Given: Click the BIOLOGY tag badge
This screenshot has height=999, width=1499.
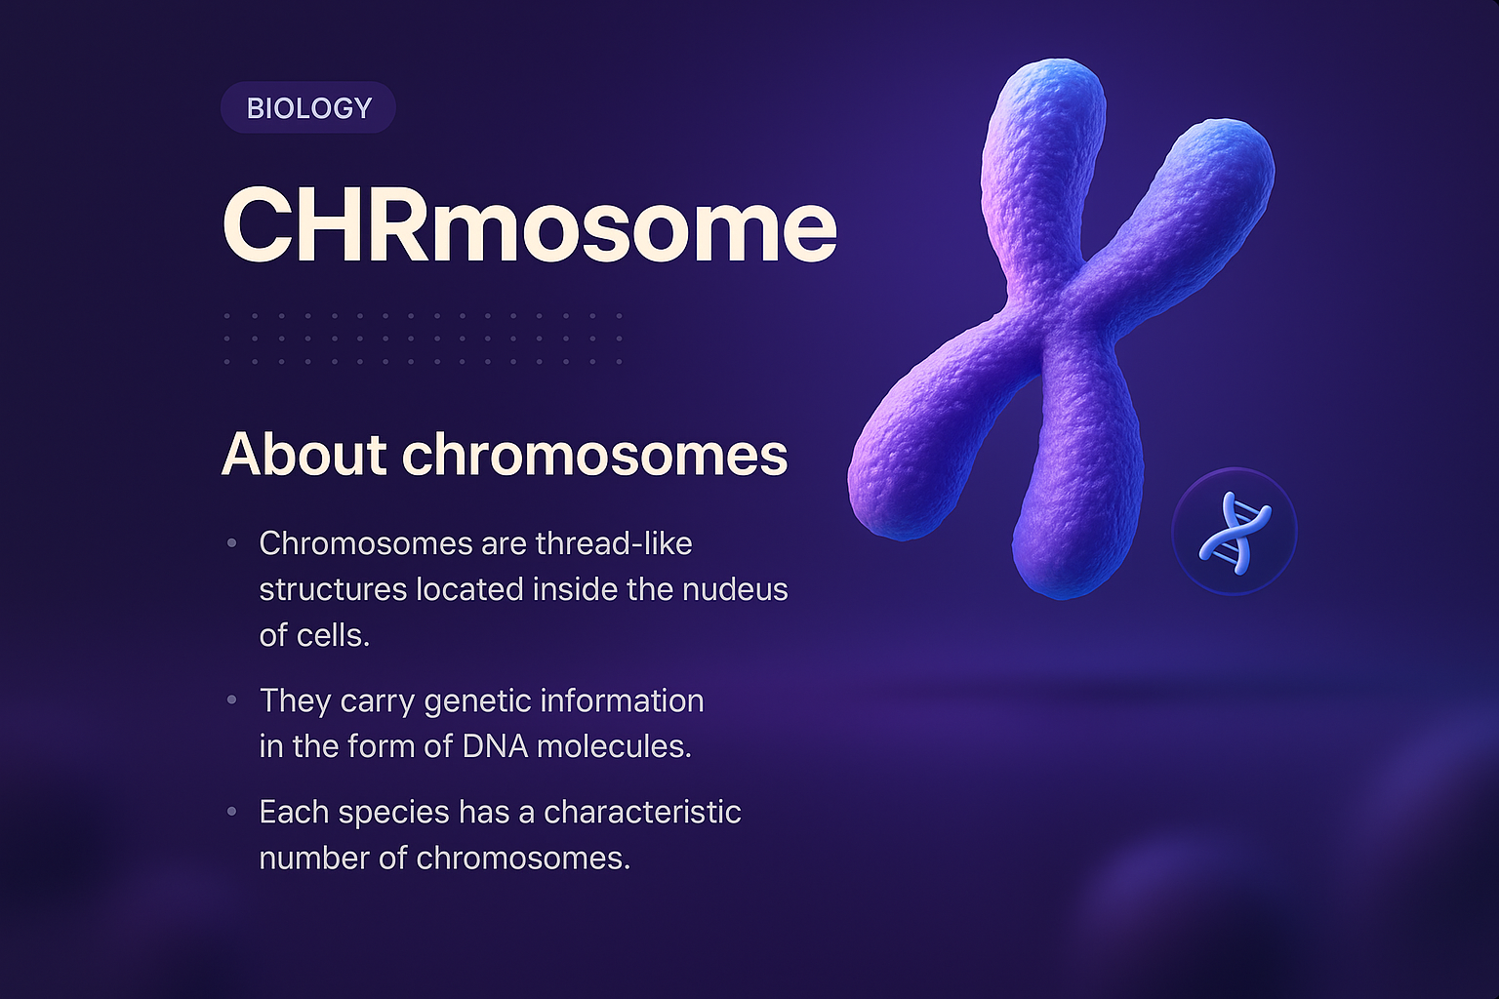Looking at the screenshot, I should click(x=308, y=107).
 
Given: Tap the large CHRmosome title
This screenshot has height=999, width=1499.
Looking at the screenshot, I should click(x=529, y=226).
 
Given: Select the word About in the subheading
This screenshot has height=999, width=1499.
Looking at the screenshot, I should click(x=304, y=455).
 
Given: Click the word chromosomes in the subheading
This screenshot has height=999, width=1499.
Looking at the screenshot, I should click(x=594, y=455).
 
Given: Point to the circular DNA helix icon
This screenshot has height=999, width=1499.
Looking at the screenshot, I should click(x=1234, y=532).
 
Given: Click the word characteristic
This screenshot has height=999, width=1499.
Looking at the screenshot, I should click(x=642, y=812).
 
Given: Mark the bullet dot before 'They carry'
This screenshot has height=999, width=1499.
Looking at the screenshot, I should click(x=232, y=700).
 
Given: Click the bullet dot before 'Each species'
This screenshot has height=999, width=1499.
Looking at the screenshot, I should click(x=232, y=812).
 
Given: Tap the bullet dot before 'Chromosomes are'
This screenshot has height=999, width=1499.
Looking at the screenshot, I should click(x=232, y=542).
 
